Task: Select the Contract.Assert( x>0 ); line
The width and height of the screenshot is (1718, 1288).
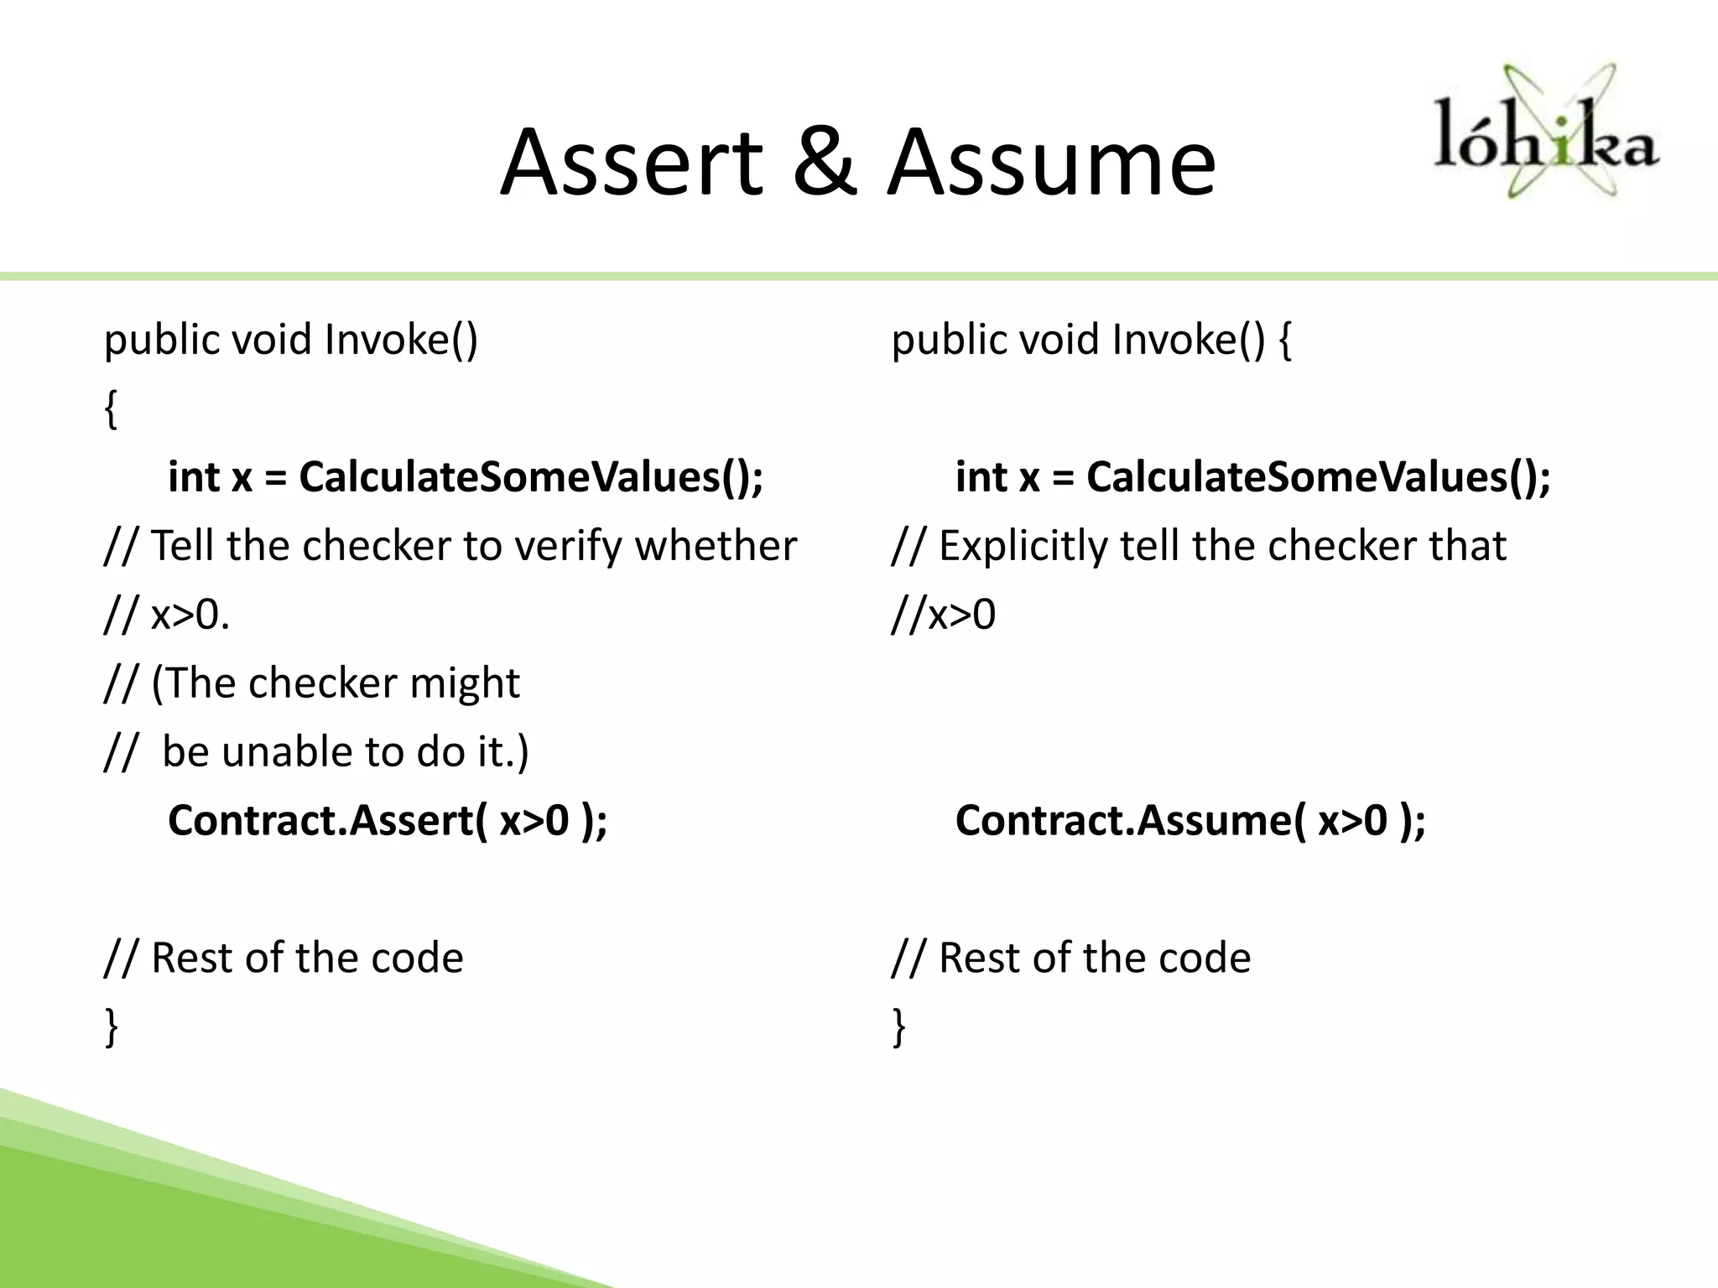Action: point(388,820)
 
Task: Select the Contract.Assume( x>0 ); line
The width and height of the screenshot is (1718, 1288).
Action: point(1190,820)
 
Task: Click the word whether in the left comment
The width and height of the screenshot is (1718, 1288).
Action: point(716,546)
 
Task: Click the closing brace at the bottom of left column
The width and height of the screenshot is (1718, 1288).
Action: point(110,1027)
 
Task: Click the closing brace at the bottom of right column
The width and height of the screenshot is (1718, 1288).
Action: point(898,1027)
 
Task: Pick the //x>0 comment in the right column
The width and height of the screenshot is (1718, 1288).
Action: point(943,615)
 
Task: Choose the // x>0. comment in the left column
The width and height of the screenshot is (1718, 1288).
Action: point(167,615)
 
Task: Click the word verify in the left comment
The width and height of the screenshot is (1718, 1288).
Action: point(568,546)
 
